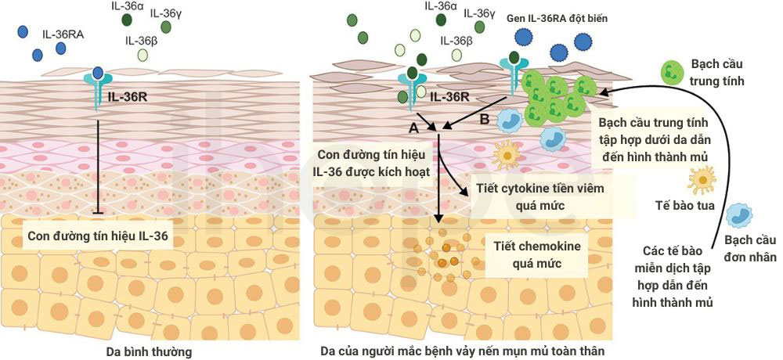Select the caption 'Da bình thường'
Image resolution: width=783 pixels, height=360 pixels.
(150, 351)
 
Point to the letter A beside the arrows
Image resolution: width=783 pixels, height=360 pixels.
(413, 128)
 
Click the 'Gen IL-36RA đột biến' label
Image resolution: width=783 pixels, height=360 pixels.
(557, 19)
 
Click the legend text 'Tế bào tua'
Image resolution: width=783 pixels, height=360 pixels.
(687, 205)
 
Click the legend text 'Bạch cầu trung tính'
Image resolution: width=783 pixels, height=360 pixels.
(717, 72)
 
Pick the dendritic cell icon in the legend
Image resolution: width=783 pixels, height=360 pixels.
(701, 180)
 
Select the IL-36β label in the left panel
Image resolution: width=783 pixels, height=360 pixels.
(142, 41)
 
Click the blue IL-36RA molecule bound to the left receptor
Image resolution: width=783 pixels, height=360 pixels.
(98, 73)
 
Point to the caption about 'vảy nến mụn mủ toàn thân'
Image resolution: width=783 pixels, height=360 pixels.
(463, 351)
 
